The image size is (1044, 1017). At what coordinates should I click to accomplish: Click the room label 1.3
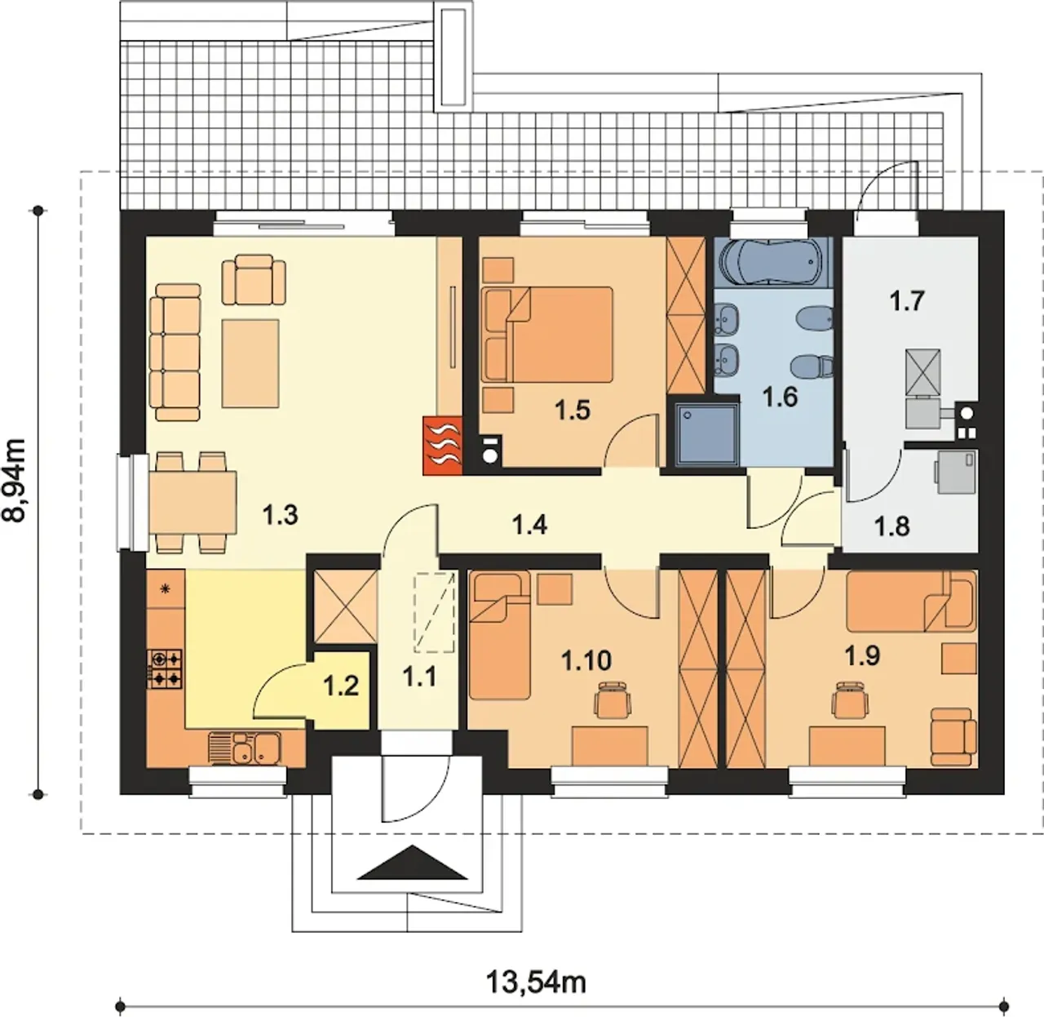click(280, 516)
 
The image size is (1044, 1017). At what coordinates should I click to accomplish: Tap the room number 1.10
click(586, 660)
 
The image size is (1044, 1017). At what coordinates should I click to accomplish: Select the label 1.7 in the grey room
click(908, 301)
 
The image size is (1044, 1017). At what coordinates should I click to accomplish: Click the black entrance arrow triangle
click(412, 863)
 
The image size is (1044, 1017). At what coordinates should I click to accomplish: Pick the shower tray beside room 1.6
click(706, 433)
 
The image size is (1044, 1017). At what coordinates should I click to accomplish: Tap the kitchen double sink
click(244, 748)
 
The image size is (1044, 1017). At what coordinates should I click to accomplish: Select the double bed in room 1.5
click(547, 335)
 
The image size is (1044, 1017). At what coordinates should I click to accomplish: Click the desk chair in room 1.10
click(613, 699)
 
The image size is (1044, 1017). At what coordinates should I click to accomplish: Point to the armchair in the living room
click(254, 279)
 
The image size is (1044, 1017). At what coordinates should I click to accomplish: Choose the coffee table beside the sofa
click(250, 363)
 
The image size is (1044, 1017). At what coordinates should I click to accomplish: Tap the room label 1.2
click(341, 686)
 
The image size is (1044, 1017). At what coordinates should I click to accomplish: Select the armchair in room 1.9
click(953, 737)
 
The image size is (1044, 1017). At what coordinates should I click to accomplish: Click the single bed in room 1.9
click(911, 601)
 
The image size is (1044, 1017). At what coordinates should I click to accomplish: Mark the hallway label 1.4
click(529, 524)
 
